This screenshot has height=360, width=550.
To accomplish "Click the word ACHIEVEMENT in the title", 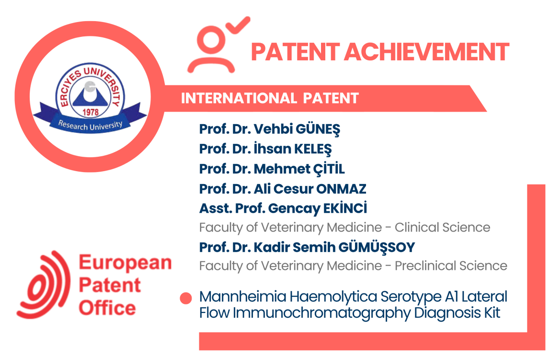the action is [x=426, y=52].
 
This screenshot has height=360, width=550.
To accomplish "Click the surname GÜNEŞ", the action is [x=318, y=129].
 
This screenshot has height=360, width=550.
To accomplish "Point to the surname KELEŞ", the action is [x=313, y=149].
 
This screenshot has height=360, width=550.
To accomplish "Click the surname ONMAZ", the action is [x=341, y=189].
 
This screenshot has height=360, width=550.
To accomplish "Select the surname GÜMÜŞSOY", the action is [x=377, y=247].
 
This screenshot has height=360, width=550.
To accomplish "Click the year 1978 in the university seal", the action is [x=91, y=112].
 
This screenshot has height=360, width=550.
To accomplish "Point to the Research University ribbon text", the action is [x=90, y=125].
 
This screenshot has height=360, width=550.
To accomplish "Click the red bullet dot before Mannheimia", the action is [x=186, y=298].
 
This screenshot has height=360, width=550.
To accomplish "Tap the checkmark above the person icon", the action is [x=238, y=25].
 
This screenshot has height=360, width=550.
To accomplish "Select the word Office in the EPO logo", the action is [x=107, y=308].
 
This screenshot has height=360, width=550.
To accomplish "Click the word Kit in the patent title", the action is [x=492, y=313].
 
